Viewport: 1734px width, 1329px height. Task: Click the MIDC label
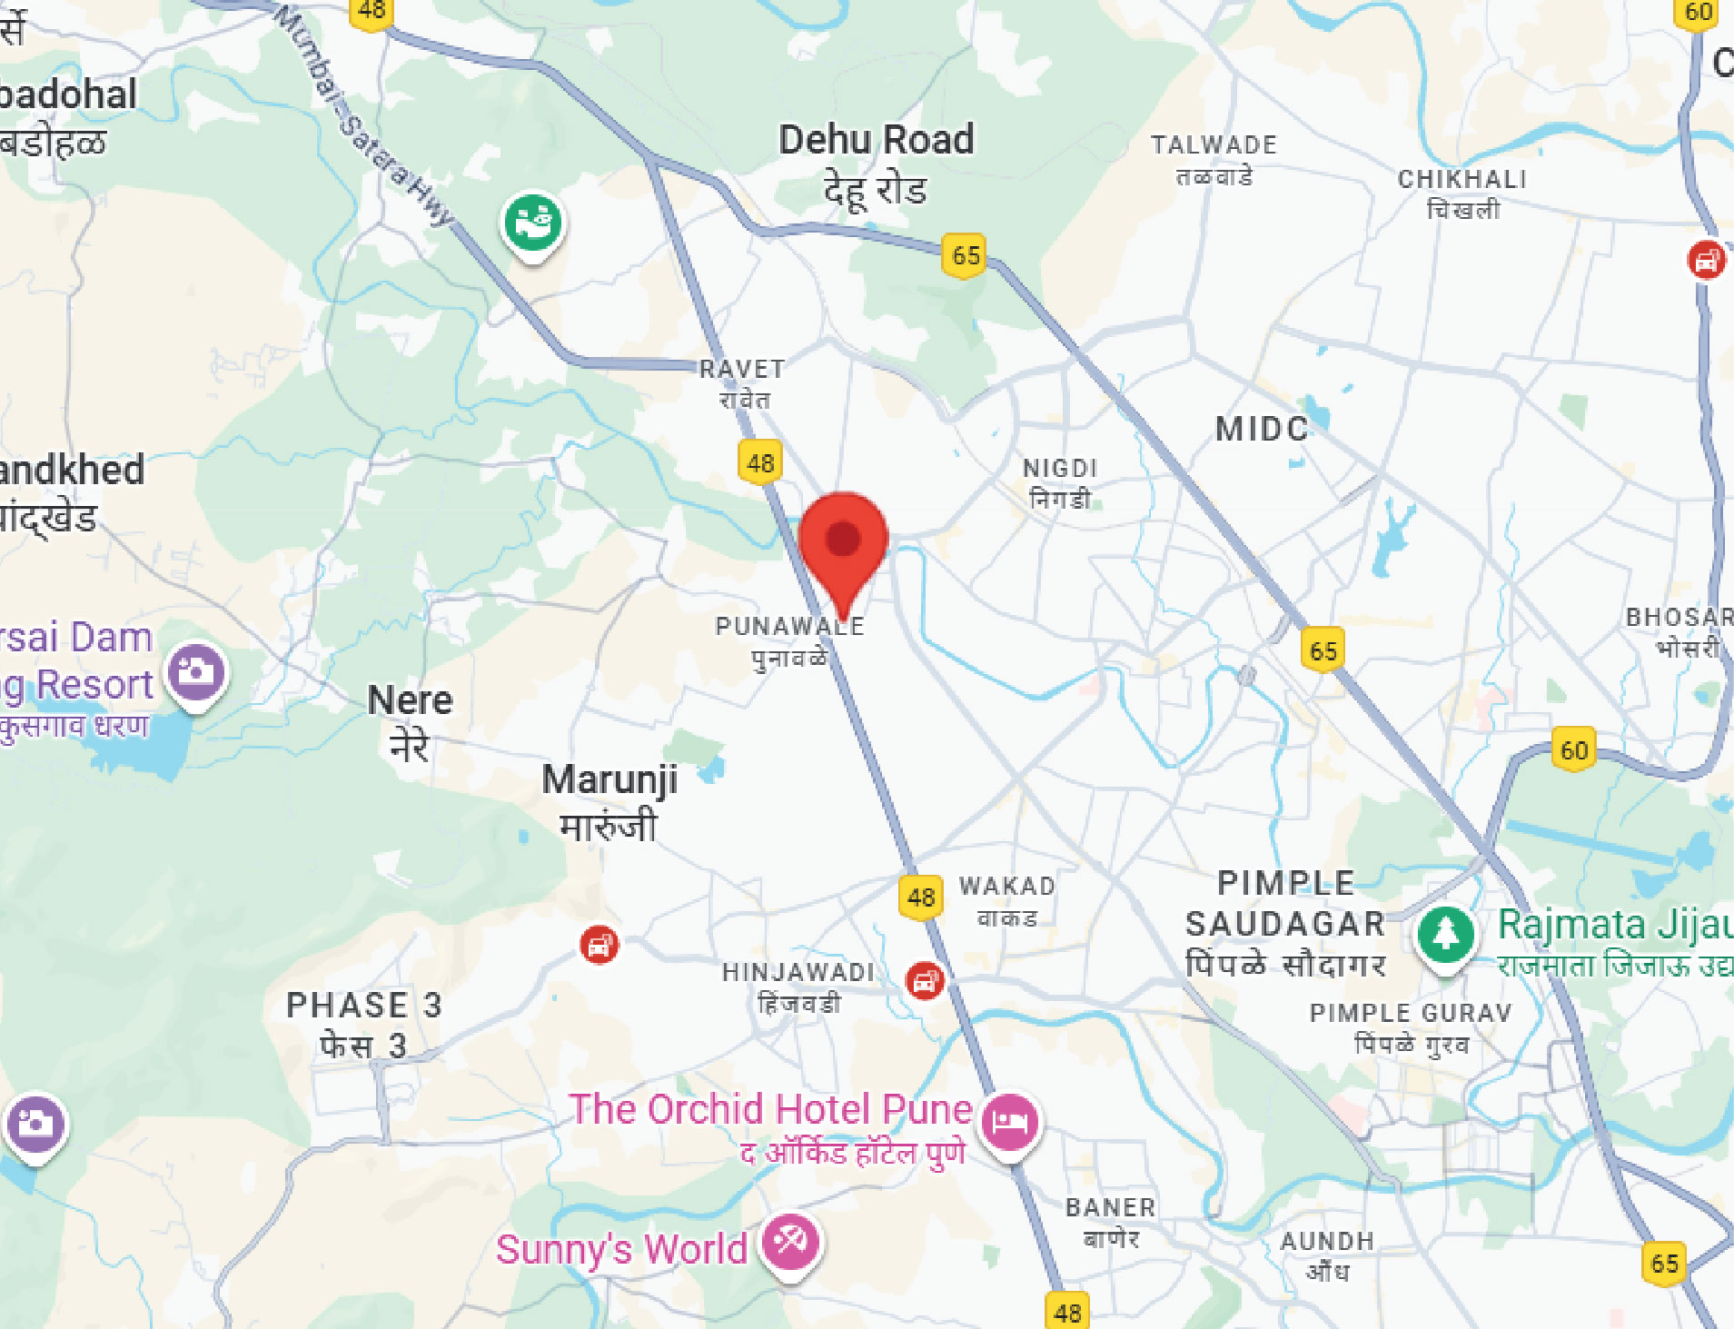pos(1262,429)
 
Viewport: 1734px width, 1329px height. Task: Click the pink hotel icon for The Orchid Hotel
pos(1009,1120)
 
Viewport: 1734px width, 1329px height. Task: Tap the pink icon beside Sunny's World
pos(789,1242)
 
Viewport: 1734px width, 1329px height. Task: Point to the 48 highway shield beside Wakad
pos(920,898)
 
